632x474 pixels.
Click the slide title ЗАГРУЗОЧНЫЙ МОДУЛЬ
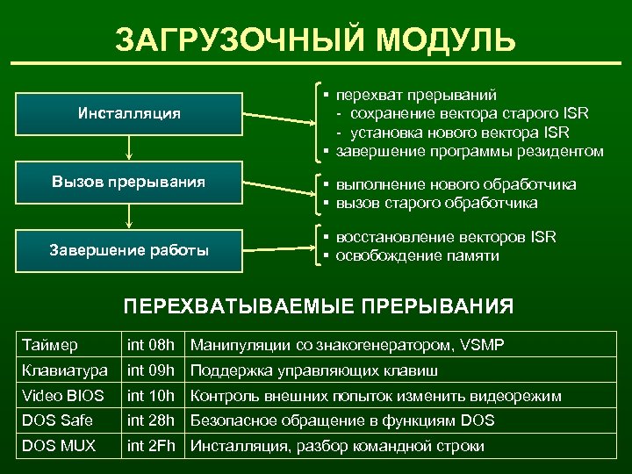pyautogui.click(x=315, y=39)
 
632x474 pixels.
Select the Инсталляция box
pyautogui.click(x=129, y=113)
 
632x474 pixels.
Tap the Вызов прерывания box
pyautogui.click(x=129, y=183)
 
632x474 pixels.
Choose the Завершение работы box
pyautogui.click(x=129, y=250)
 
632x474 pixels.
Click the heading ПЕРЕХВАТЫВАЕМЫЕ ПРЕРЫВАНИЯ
pyautogui.click(x=318, y=306)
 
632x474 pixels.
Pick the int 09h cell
pyautogui.click(x=151, y=370)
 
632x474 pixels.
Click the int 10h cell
pyautogui.click(x=151, y=396)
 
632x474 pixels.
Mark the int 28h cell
pyautogui.click(x=151, y=420)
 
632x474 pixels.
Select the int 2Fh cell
pyautogui.click(x=151, y=446)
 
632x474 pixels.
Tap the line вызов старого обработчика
pyautogui.click(x=434, y=203)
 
